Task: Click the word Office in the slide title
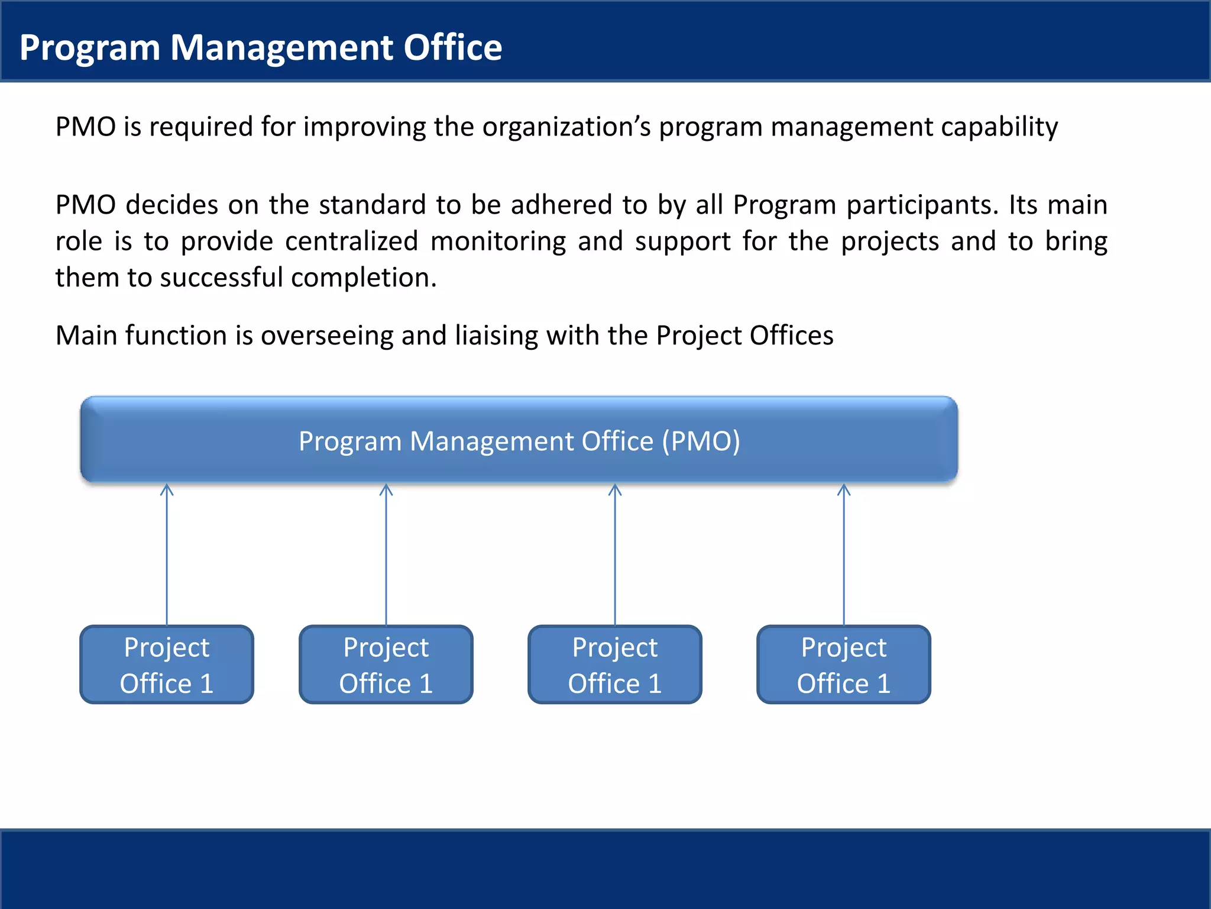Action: click(x=452, y=47)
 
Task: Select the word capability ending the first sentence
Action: click(x=999, y=127)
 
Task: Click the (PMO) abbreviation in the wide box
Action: click(x=701, y=441)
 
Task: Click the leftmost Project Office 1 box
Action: click(x=167, y=665)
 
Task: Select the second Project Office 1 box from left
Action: click(x=386, y=665)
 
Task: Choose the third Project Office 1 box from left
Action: click(x=615, y=665)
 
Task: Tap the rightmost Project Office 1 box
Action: click(x=844, y=665)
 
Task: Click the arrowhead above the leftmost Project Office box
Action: click(x=167, y=489)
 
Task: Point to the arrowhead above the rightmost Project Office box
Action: click(x=844, y=489)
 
